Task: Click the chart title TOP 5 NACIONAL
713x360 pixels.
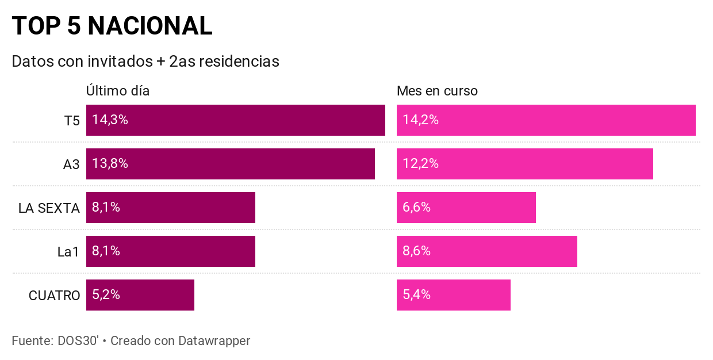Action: point(112,26)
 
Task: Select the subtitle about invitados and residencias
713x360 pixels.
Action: point(145,62)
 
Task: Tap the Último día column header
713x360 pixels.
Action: point(118,91)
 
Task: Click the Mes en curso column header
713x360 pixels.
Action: point(437,91)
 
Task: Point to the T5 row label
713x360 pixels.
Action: point(72,121)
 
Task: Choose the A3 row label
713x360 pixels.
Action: point(71,164)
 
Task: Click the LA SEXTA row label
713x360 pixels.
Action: point(49,208)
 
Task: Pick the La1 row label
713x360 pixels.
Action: point(68,252)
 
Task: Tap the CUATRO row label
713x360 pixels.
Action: point(54,296)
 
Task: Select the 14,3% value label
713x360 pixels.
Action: point(110,120)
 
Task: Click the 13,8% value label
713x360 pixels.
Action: point(110,164)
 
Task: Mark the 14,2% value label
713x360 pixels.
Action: point(420,120)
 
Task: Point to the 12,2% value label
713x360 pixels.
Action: point(420,164)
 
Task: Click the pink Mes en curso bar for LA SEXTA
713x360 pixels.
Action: point(483,208)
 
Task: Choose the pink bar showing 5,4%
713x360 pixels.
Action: point(471,295)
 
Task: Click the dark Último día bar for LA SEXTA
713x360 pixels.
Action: point(190,208)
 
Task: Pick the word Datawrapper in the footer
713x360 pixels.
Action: point(214,341)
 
